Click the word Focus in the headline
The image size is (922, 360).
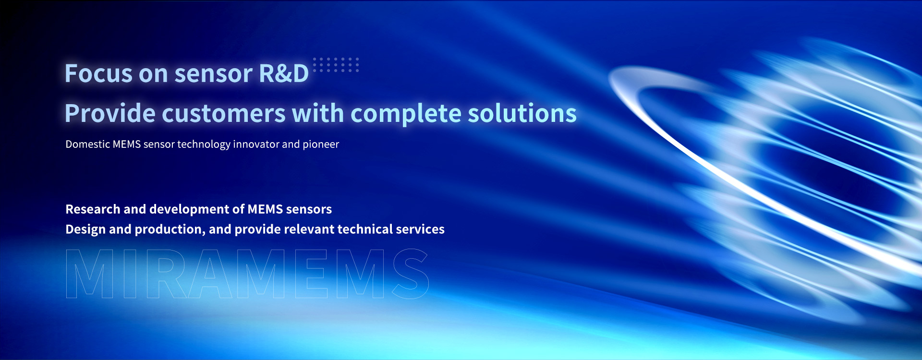coord(98,73)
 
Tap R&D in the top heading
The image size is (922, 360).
coord(284,73)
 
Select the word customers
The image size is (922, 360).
coord(224,114)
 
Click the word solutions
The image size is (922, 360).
coord(522,113)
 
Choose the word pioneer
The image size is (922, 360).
coord(321,144)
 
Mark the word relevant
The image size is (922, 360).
coord(309,229)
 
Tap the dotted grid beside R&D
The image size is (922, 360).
coord(336,64)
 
